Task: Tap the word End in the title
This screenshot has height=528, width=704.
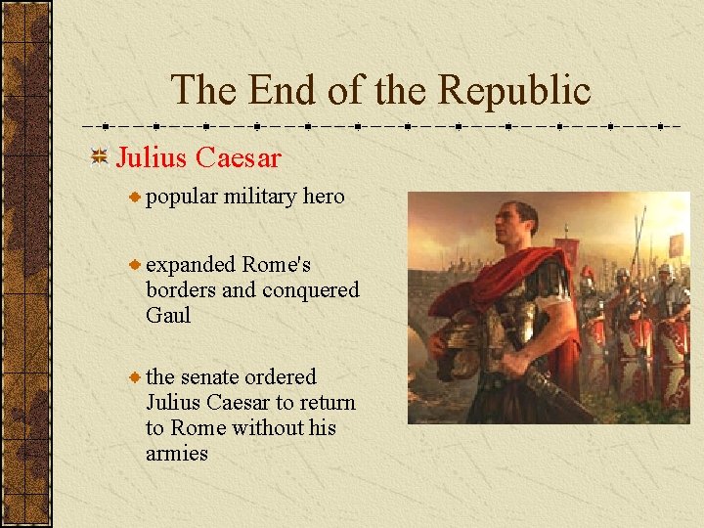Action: [x=288, y=90]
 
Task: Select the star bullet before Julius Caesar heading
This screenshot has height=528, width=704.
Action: [x=99, y=157]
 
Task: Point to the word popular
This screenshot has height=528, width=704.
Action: [x=182, y=197]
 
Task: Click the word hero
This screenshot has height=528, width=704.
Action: [x=324, y=197]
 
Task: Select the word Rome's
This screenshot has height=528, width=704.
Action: [x=277, y=265]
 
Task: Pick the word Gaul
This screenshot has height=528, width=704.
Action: [x=168, y=316]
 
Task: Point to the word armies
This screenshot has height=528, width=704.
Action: [x=177, y=454]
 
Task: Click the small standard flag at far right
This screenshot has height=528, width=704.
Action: [x=676, y=243]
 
